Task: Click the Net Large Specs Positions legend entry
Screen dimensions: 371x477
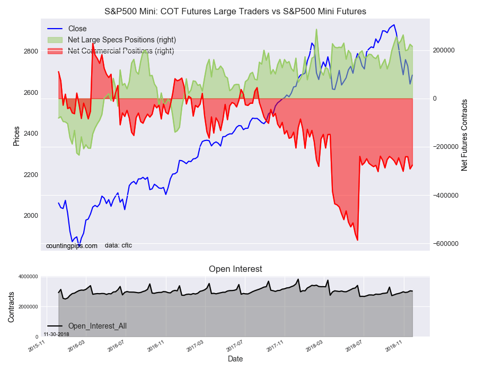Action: pyautogui.click(x=122, y=40)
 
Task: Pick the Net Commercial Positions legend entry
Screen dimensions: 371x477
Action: pyautogui.click(x=121, y=51)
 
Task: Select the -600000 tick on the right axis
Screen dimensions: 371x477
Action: pyautogui.click(x=446, y=244)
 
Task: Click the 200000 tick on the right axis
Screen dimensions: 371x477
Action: pyautogui.click(x=445, y=50)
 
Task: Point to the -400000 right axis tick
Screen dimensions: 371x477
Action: pyautogui.click(x=446, y=196)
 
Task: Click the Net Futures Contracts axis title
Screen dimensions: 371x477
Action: pyautogui.click(x=465, y=135)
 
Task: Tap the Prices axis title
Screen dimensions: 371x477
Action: pyautogui.click(x=16, y=136)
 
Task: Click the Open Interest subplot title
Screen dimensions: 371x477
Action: pyautogui.click(x=235, y=269)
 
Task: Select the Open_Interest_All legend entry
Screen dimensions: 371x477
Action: pyautogui.click(x=97, y=326)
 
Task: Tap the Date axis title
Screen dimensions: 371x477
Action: pyautogui.click(x=235, y=359)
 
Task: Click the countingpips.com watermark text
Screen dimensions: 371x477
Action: pyautogui.click(x=72, y=246)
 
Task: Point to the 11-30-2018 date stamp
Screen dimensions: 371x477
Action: pyautogui.click(x=56, y=334)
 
